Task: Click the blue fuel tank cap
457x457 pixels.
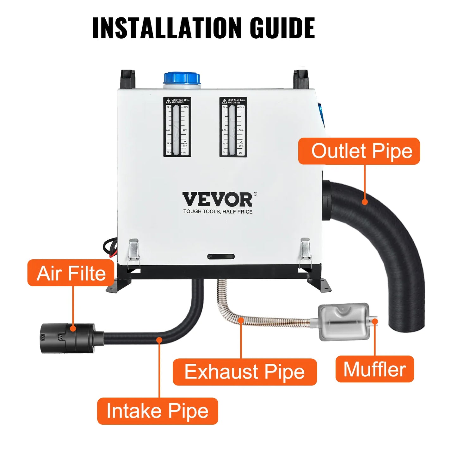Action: pyautogui.click(x=182, y=78)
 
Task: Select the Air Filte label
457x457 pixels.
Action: pyautogui.click(x=71, y=273)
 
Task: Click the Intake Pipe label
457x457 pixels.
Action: pyautogui.click(x=157, y=411)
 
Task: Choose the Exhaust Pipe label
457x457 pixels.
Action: pyautogui.click(x=244, y=372)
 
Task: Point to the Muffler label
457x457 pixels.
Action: pyautogui.click(x=374, y=369)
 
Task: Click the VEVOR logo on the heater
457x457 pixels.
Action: pyautogui.click(x=218, y=199)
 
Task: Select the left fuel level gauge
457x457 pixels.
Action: pyautogui.click(x=177, y=127)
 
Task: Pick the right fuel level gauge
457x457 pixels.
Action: pyautogui.click(x=233, y=127)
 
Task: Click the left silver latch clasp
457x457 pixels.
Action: pyautogui.click(x=134, y=250)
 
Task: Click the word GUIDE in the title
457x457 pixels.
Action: pyautogui.click(x=282, y=28)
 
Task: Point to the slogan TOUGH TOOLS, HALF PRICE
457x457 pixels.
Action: pyautogui.click(x=218, y=212)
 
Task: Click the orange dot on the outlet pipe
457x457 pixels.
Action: pyautogui.click(x=365, y=202)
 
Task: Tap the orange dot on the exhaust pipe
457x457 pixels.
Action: pyautogui.click(x=241, y=320)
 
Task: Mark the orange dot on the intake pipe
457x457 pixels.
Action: pyautogui.click(x=159, y=340)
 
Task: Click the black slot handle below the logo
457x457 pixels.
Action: pyautogui.click(x=221, y=256)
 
